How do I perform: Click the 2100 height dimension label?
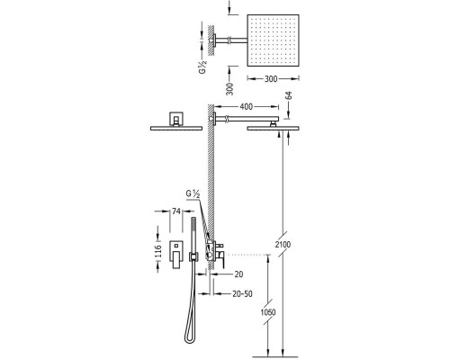pyautogui.click(x=283, y=245)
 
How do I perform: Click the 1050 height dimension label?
pyautogui.click(x=268, y=312)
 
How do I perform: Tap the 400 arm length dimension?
pyautogui.click(x=247, y=106)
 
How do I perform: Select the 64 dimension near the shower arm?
pyautogui.click(x=289, y=95)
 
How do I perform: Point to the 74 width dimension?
pyautogui.click(x=176, y=211)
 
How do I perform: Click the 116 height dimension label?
pyautogui.click(x=158, y=251)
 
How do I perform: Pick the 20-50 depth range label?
pyautogui.click(x=242, y=294)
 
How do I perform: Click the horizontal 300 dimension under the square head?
pyautogui.click(x=271, y=79)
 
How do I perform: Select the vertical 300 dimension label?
pyautogui.click(x=229, y=89)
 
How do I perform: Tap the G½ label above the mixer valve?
pyautogui.click(x=193, y=194)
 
